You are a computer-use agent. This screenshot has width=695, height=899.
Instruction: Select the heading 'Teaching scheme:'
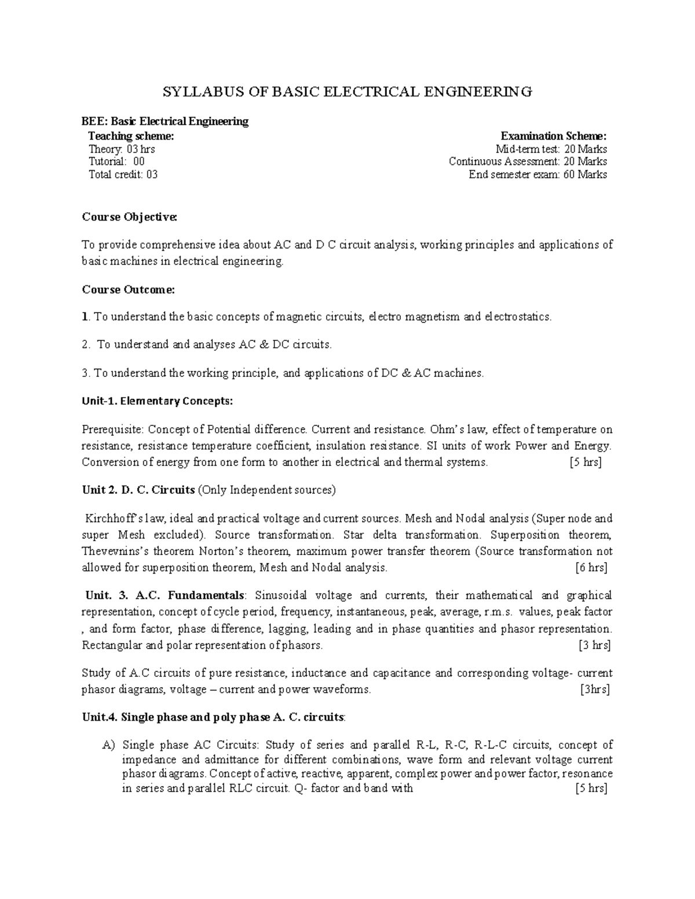130,136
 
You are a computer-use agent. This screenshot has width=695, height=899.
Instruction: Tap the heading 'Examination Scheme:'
554,136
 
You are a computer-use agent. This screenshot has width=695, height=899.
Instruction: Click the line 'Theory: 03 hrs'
121,149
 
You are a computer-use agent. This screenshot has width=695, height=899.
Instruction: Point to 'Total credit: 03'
123,174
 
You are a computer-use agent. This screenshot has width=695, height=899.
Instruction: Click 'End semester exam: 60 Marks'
537,174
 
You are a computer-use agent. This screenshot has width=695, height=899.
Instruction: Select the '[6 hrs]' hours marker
591,567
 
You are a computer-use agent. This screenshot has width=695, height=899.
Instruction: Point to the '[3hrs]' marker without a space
595,689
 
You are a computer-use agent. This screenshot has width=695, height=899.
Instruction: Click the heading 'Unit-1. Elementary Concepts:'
158,401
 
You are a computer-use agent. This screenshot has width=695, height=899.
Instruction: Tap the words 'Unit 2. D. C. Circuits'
138,490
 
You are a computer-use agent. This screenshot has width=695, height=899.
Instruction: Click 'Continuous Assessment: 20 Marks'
528,162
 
